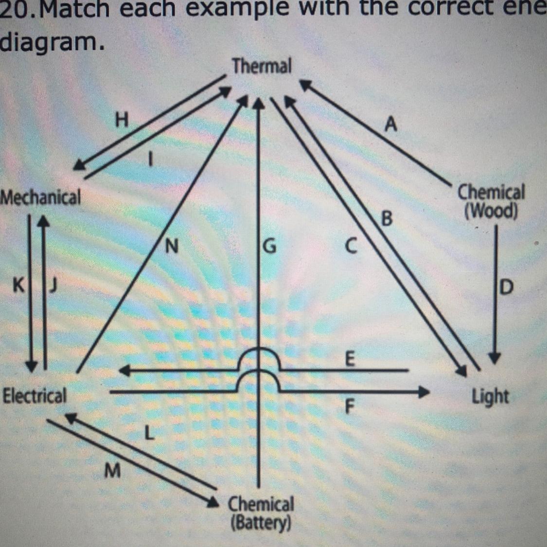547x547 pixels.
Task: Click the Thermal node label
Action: tap(262, 66)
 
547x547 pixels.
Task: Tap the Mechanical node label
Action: tap(40, 198)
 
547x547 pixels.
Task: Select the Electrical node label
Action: tap(34, 396)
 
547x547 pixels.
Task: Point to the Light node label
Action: tap(490, 397)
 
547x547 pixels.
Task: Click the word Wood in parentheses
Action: tap(491, 212)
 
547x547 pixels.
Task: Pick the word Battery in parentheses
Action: tap(261, 524)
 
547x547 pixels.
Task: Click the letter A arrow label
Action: tap(390, 125)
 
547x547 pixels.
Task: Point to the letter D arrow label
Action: tap(506, 288)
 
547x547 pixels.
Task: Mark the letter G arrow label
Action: tap(269, 247)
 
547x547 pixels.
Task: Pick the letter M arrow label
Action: tap(112, 470)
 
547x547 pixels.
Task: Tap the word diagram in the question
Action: tap(51, 43)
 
